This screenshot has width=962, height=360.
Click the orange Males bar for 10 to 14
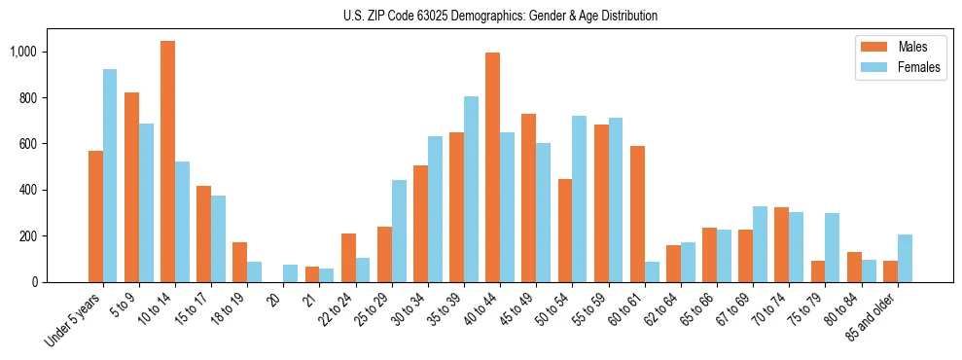click(167, 162)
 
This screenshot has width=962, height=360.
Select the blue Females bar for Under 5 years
click(110, 175)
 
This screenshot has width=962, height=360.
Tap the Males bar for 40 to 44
click(492, 167)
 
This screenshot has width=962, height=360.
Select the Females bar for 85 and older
click(905, 258)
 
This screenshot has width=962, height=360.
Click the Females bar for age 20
click(290, 273)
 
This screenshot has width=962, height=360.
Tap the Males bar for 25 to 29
click(384, 254)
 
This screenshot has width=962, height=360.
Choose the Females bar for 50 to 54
click(579, 198)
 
